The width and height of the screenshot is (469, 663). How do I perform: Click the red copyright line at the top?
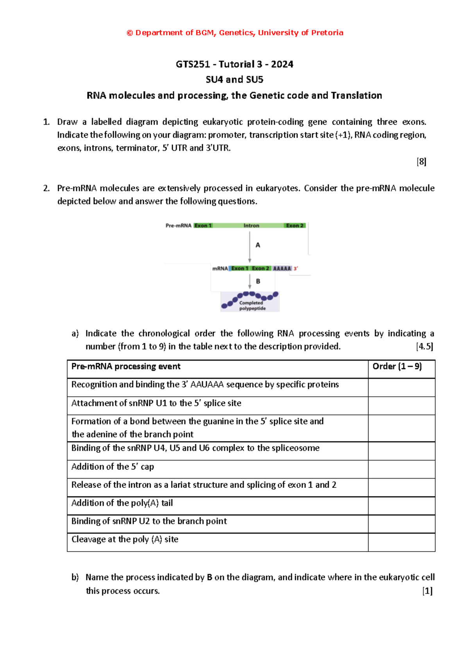tap(235, 33)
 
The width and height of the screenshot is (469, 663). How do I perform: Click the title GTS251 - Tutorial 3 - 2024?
tap(234, 64)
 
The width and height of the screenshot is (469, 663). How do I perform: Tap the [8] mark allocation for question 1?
tap(421, 161)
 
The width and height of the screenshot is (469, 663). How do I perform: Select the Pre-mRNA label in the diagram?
tap(178, 226)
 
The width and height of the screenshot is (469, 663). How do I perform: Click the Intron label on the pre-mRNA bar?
tap(251, 226)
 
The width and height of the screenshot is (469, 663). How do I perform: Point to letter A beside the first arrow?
tap(258, 245)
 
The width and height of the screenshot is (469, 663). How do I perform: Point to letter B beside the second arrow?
tap(258, 281)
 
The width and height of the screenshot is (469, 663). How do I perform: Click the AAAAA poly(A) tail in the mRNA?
tap(282, 269)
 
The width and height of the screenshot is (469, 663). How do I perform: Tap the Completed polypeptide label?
tap(252, 306)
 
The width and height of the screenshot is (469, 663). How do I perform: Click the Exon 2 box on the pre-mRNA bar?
tap(295, 226)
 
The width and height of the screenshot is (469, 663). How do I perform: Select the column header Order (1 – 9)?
tap(397, 366)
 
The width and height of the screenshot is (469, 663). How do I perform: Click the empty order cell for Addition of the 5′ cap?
tap(401, 469)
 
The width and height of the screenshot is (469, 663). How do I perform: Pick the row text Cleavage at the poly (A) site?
tap(125, 539)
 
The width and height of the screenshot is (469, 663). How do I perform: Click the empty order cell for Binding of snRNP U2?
tap(401, 524)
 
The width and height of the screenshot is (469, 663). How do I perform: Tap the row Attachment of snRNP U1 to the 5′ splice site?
tap(156, 403)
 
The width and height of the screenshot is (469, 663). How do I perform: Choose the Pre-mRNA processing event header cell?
tap(126, 366)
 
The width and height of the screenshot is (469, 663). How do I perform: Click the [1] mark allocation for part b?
tap(427, 591)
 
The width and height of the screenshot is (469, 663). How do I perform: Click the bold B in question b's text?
tap(209, 577)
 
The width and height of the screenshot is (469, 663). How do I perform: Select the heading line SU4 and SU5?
tap(234, 80)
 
